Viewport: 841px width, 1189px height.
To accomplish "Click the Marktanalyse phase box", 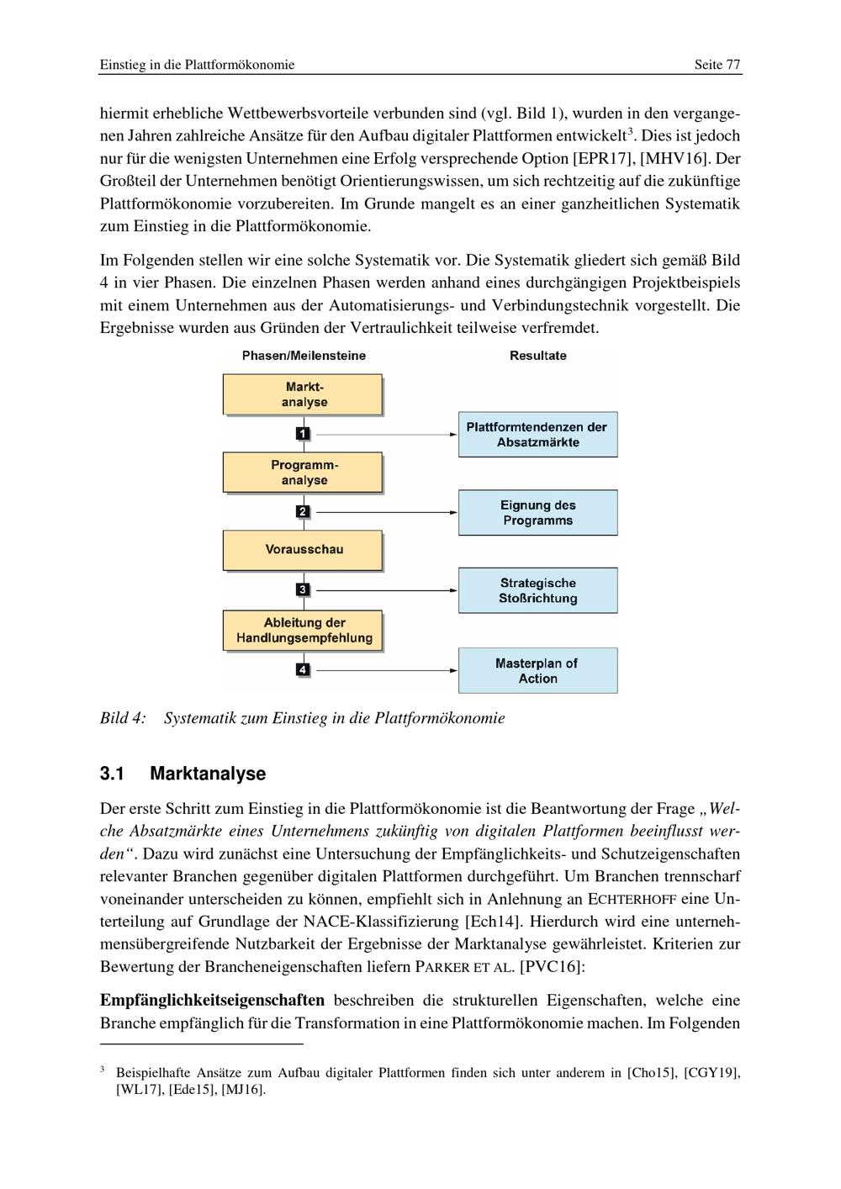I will pos(303,394).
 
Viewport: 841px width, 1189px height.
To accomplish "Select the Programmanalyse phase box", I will pos(303,473).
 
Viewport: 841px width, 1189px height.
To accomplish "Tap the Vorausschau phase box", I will pos(303,550).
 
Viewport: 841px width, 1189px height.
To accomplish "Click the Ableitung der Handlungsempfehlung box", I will pos(303,631).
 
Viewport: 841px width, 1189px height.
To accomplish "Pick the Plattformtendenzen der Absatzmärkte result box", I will pos(537,435).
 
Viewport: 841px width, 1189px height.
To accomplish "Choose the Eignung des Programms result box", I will pos(537,513).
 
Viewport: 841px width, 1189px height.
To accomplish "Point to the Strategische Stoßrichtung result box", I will pos(537,590).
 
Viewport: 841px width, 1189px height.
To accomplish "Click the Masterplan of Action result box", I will pos(537,671).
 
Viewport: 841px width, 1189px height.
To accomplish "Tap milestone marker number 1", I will pos(303,434).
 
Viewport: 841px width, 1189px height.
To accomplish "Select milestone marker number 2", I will pos(303,511).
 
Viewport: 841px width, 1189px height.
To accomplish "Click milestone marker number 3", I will pos(303,589).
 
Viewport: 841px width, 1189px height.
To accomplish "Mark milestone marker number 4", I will pos(303,670).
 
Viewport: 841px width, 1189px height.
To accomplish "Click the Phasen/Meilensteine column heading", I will pos(304,356).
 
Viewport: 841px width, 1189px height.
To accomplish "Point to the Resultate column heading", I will pos(537,356).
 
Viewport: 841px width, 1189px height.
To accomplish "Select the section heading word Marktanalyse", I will pos(207,774).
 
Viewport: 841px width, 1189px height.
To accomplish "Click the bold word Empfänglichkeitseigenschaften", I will pos(212,1001).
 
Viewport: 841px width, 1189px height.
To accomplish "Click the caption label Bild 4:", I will pos(123,718).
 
